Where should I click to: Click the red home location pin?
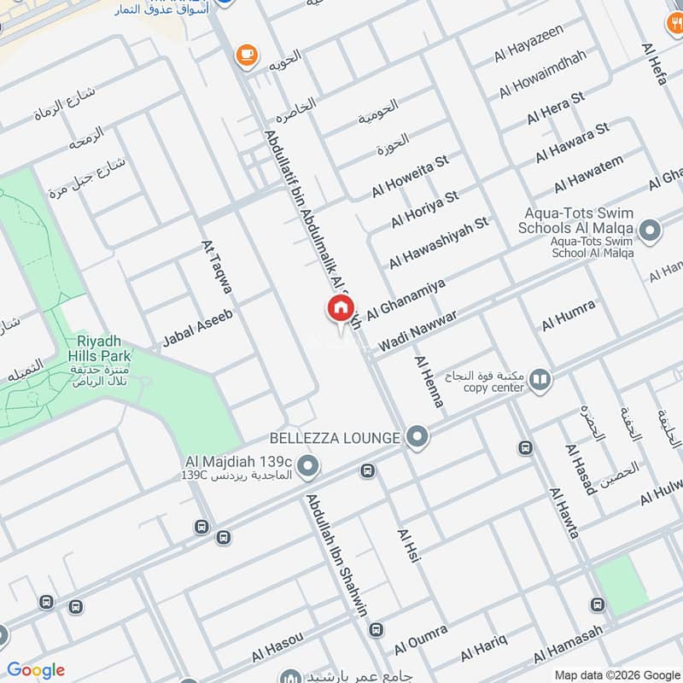pyautogui.click(x=339, y=309)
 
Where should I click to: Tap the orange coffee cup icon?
pyautogui.click(x=247, y=54)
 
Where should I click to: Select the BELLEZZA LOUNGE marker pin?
pyautogui.click(x=417, y=438)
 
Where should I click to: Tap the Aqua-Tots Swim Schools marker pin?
pyautogui.click(x=651, y=230)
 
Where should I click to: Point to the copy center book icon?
pyautogui.click(x=540, y=378)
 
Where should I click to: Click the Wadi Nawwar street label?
pyautogui.click(x=417, y=328)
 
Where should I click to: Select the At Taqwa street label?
pyautogui.click(x=217, y=271)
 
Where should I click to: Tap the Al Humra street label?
pyautogui.click(x=568, y=316)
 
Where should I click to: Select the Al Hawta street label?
pyautogui.click(x=564, y=512)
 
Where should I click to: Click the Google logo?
pyautogui.click(x=36, y=670)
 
